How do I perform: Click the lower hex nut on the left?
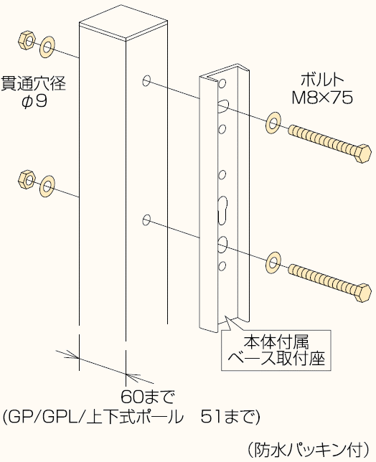coord(23,177)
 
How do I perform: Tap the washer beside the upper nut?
coord(47,47)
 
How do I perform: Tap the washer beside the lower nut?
coord(47,185)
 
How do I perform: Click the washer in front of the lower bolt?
coord(274,262)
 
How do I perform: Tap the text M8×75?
coord(322,98)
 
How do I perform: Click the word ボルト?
coord(322,80)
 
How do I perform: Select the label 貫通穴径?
coord(33,83)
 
